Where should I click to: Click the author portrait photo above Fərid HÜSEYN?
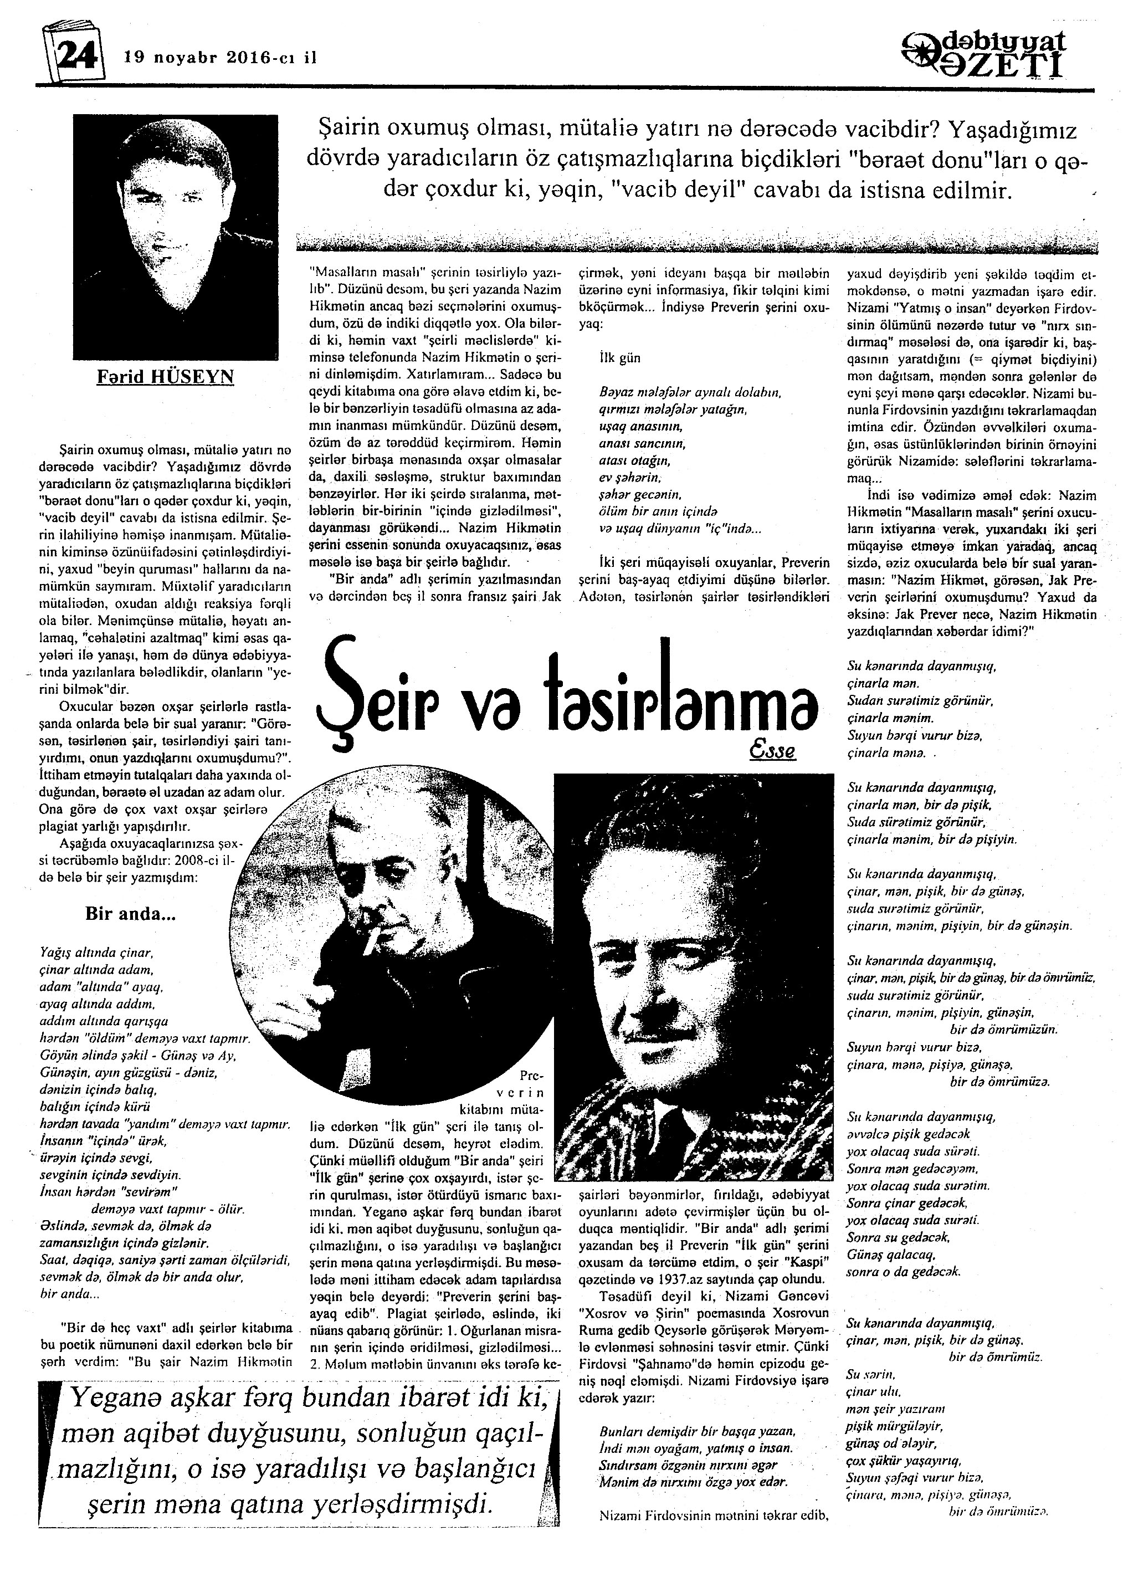(175, 236)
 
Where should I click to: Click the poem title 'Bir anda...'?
(131, 914)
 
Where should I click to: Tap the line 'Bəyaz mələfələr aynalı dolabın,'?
(690, 392)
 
